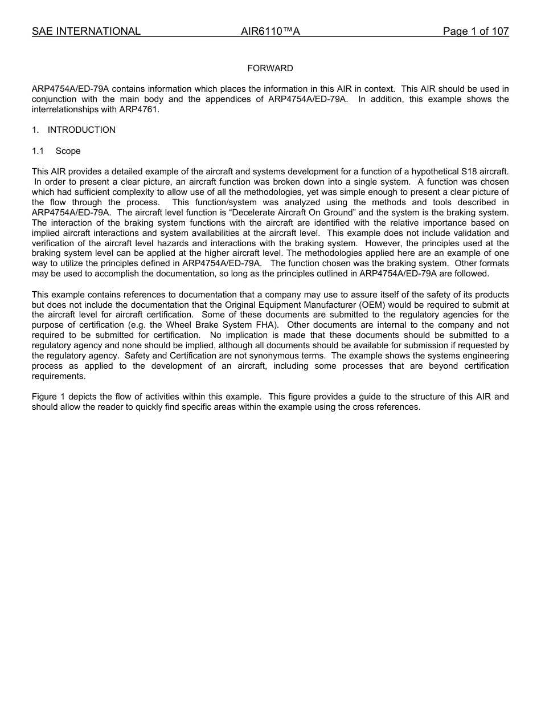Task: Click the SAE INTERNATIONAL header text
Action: point(86,31)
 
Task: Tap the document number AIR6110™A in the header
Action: point(270,31)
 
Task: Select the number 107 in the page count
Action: point(499,31)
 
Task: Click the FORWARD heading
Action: point(270,68)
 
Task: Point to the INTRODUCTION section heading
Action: point(81,130)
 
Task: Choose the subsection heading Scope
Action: point(68,151)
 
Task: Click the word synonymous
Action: point(266,356)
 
